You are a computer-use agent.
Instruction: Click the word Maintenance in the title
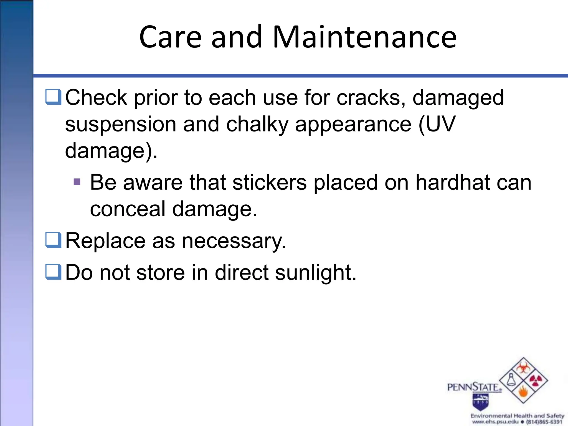click(364, 37)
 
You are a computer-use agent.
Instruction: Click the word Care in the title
click(170, 37)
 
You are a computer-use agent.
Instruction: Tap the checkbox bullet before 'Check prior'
click(53, 97)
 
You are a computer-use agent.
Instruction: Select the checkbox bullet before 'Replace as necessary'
click(53, 240)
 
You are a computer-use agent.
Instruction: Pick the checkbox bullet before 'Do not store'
click(53, 272)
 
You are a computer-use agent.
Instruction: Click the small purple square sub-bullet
click(77, 182)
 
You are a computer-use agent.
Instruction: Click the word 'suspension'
click(121, 125)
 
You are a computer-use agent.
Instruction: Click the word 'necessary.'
click(234, 241)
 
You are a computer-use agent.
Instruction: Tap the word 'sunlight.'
click(316, 273)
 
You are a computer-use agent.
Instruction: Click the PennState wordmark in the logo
click(474, 387)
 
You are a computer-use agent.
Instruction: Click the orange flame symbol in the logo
click(523, 392)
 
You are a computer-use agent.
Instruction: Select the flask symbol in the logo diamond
click(511, 380)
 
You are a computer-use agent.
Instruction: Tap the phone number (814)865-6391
click(544, 422)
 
